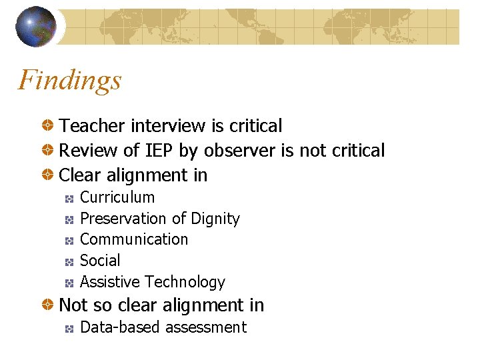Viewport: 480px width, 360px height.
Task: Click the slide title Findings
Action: click(x=70, y=81)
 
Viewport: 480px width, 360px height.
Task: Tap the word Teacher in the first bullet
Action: click(x=93, y=126)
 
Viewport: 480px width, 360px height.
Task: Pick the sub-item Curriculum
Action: click(x=117, y=197)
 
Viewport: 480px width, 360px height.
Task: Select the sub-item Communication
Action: click(x=134, y=239)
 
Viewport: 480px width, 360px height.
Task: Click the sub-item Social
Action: click(x=100, y=261)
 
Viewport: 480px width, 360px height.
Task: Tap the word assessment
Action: click(x=206, y=327)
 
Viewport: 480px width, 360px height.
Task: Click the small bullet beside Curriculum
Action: click(x=69, y=198)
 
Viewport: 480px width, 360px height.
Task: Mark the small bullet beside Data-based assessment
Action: click(x=69, y=328)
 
